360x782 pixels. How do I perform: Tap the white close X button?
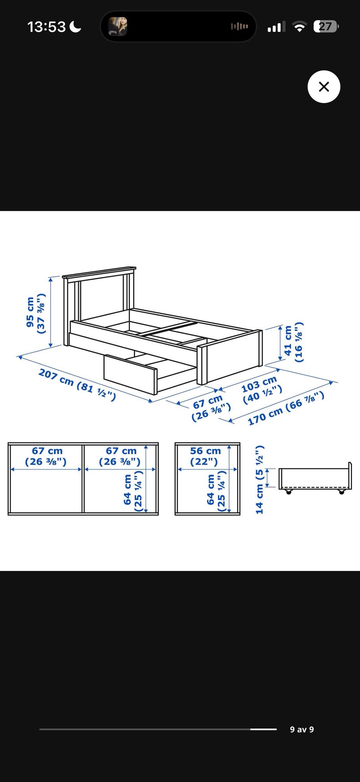coord(324,87)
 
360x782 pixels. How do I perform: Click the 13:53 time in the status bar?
coord(46,27)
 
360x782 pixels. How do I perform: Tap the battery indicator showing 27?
coord(326,27)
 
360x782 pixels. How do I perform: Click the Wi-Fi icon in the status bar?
coord(299,27)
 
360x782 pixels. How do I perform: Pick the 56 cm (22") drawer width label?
coord(205,456)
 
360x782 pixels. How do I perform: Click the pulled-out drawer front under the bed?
coord(130,375)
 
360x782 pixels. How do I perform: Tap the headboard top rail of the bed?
coord(99,272)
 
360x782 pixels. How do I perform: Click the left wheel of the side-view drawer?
coord(288,492)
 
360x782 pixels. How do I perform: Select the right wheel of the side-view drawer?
coord(341,492)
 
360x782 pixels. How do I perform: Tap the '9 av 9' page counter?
coord(302,729)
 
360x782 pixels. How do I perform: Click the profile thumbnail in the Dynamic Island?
coord(118,27)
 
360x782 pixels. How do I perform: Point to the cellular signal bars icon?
coord(276,27)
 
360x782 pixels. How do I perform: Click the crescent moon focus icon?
coord(75,27)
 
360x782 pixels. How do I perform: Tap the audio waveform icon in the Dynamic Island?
coord(239,26)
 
